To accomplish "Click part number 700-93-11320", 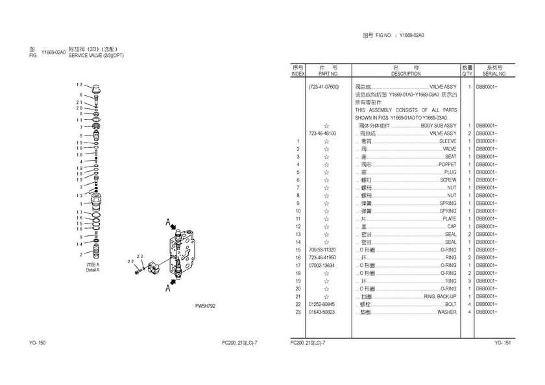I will point(323,250).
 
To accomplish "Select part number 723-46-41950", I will point(323,257).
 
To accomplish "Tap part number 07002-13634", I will point(323,265).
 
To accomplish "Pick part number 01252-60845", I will point(323,304).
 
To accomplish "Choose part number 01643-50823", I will point(323,312).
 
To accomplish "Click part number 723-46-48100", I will point(323,133).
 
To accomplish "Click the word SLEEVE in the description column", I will point(448,141).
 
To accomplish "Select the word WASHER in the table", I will point(446,312).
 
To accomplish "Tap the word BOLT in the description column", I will point(450,304).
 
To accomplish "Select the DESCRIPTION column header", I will point(406,74).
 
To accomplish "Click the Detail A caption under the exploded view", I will point(93,269).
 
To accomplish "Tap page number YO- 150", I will point(37,342).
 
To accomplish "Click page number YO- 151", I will point(503,342).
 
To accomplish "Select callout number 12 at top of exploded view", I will point(79,85).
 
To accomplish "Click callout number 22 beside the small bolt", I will point(130,262).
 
